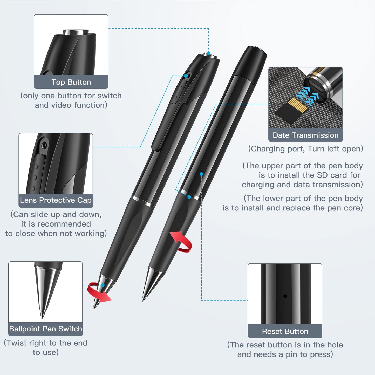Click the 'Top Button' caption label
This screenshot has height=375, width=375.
coord(71,82)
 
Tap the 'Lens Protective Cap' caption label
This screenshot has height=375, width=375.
coord(56,200)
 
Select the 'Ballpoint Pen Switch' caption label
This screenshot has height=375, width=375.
coord(45,329)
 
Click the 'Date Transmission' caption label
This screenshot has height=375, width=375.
coord(305,135)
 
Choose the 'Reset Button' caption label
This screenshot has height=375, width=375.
coord(285,331)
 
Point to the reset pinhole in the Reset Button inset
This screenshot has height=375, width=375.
coord(285,296)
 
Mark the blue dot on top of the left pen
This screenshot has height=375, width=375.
coord(209,53)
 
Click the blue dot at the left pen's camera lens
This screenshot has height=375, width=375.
coord(186,76)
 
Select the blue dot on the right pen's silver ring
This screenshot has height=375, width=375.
coord(189,197)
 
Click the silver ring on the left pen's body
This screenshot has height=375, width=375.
coord(143,202)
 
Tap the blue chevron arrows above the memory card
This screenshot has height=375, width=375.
coord(308,96)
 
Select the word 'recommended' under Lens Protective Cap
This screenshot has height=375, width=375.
coord(56,224)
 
